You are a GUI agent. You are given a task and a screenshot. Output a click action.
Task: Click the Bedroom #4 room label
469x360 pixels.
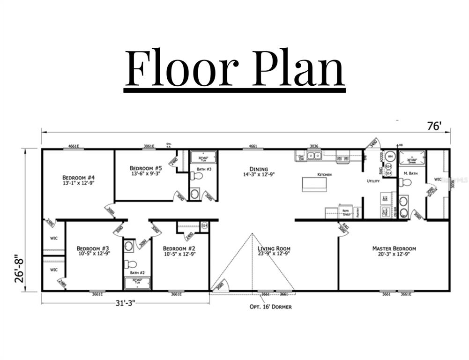click(x=79, y=180)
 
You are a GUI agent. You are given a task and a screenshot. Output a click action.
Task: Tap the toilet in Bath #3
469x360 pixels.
click(x=196, y=176)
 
